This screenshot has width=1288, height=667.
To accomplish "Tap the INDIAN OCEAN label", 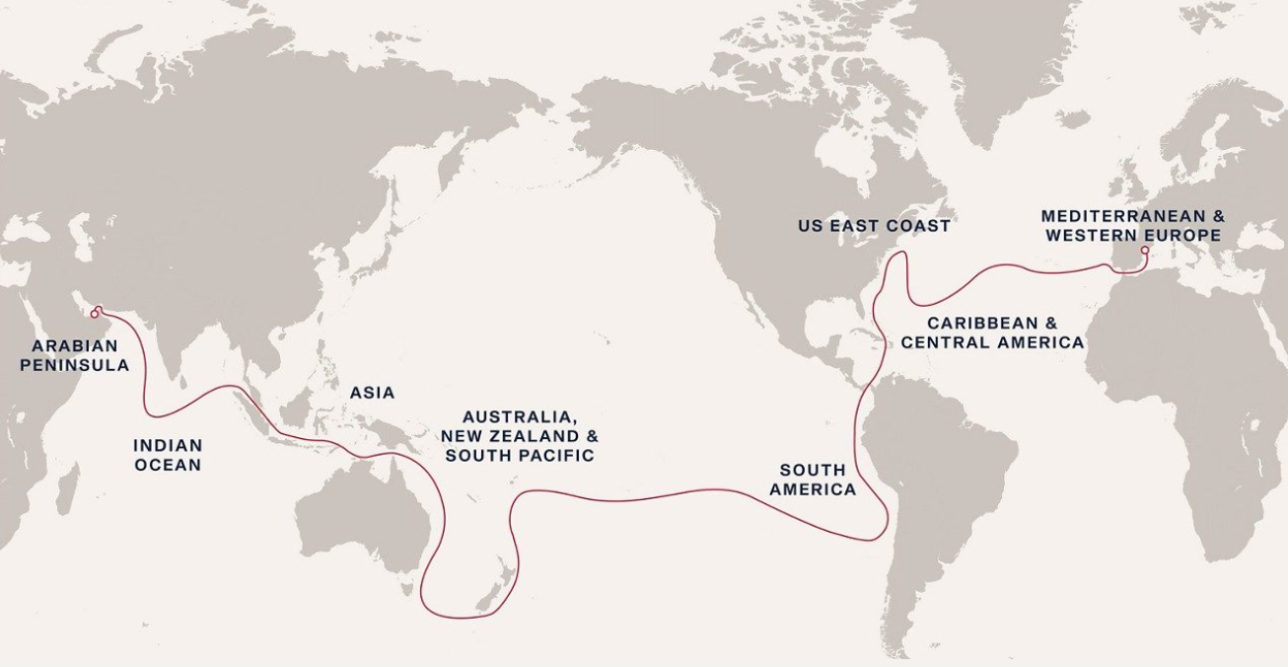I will click(168, 455).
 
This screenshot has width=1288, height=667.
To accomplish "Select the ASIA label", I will click(372, 393).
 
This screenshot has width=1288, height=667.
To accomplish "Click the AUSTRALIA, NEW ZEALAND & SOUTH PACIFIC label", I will click(520, 436).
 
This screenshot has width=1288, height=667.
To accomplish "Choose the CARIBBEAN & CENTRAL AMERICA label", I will click(992, 333).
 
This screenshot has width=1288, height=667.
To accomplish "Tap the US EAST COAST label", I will click(874, 226).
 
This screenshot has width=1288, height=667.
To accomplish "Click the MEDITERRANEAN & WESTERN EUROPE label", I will click(1133, 225).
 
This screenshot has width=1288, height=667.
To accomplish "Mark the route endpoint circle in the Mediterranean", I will click(1144, 251).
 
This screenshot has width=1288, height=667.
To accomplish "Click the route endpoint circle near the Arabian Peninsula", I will click(95, 313).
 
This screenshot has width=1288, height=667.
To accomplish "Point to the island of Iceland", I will click(1069, 119).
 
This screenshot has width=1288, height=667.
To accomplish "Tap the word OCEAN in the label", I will click(168, 465).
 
